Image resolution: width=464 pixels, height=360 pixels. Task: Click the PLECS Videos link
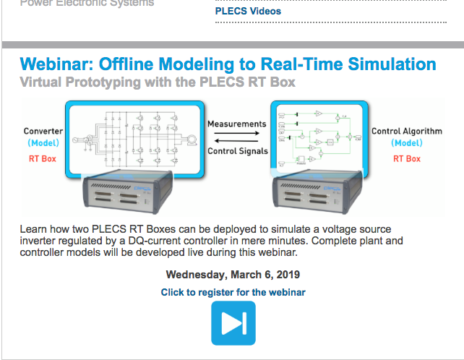[x=248, y=11]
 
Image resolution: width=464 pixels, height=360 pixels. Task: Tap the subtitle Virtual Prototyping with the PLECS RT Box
[x=158, y=82]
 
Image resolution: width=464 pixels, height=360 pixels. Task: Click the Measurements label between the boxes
[x=236, y=124]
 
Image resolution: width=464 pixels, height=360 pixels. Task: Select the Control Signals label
[x=236, y=151]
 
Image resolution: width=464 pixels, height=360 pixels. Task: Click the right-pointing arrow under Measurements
[x=236, y=133]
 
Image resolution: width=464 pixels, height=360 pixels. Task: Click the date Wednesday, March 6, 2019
[x=233, y=275]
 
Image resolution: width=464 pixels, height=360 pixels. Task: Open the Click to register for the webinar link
[x=233, y=292]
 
